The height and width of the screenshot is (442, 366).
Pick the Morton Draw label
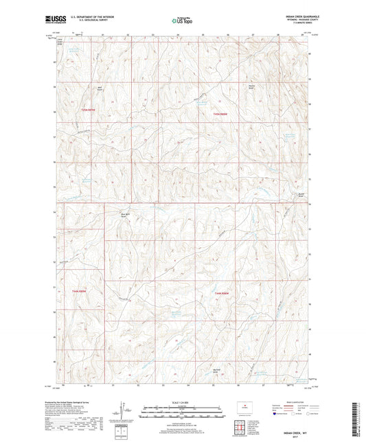tap(217, 370)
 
